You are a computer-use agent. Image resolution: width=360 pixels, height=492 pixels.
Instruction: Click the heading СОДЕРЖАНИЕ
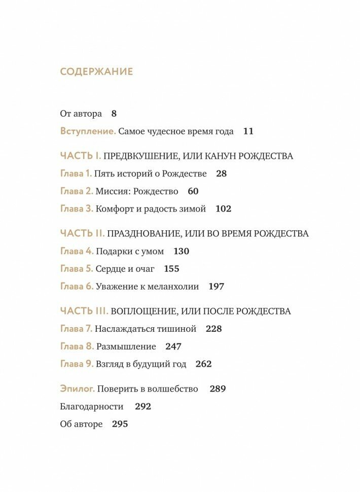pyautogui.click(x=96, y=72)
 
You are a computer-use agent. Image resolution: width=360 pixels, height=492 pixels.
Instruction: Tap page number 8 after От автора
pyautogui.click(x=114, y=114)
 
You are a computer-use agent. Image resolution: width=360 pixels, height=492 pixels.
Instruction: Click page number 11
pyautogui.click(x=248, y=131)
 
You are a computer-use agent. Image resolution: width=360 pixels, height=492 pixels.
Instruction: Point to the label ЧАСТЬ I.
pyautogui.click(x=81, y=156)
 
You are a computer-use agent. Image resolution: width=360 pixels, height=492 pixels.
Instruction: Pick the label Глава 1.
pyautogui.click(x=76, y=173)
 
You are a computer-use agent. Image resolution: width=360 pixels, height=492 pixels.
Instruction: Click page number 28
pyautogui.click(x=221, y=173)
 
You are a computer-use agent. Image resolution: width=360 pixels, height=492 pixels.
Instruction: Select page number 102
pyautogui.click(x=223, y=208)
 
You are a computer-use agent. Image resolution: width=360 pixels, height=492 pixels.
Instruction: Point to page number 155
pyautogui.click(x=172, y=269)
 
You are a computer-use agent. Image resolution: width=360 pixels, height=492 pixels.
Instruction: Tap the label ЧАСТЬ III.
pyautogui.click(x=84, y=311)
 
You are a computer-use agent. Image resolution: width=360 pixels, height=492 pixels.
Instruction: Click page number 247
pyautogui.click(x=173, y=346)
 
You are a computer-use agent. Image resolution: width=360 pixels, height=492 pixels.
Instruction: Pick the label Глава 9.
pyautogui.click(x=77, y=364)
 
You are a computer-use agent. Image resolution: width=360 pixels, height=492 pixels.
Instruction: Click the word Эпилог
pyautogui.click(x=78, y=389)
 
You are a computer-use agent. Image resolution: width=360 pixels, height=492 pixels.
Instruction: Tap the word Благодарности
pyautogui.click(x=92, y=406)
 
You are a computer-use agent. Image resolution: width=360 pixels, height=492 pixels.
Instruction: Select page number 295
pyautogui.click(x=120, y=424)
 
